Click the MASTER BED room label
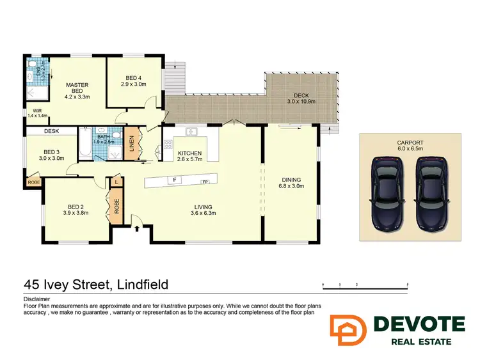[x=77, y=89]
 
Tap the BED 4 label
[x=133, y=79]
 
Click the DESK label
[x=51, y=131]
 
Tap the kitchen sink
[x=191, y=132]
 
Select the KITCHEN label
[x=189, y=153]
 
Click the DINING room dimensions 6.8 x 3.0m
[x=291, y=186]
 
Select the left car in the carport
[x=387, y=193]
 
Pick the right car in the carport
[x=431, y=193]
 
